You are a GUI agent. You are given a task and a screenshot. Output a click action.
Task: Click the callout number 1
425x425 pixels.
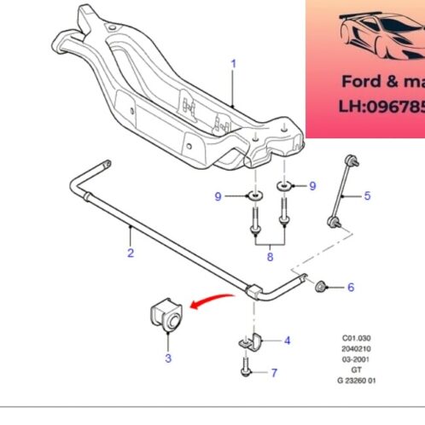coord(232,63)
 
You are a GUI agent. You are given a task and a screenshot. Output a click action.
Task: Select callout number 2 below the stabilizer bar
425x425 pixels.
coord(131,252)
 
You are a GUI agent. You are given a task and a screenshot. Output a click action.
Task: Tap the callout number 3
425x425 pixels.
coord(168,358)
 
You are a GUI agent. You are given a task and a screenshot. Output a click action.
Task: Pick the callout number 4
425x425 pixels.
coord(287,341)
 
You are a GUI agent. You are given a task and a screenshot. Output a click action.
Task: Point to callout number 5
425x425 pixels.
coord(368,195)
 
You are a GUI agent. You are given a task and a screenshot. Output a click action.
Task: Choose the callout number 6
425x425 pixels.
coord(350,288)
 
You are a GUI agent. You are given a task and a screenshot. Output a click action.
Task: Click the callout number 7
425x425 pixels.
coord(273,373)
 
